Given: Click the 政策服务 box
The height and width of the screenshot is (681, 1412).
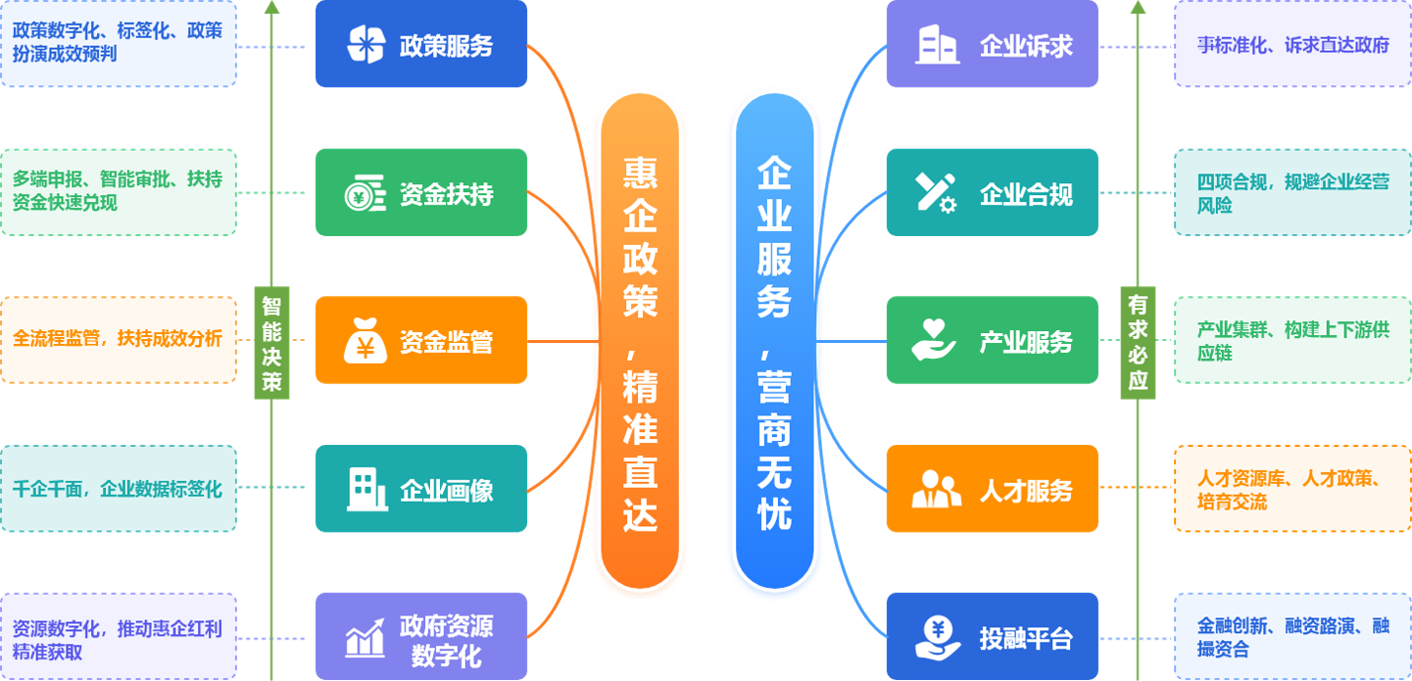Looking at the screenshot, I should pyautogui.click(x=421, y=44).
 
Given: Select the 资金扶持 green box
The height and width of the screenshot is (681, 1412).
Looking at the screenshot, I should pyautogui.click(x=421, y=193).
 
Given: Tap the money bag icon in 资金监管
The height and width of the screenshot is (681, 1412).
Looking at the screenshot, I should pyautogui.click(x=365, y=342).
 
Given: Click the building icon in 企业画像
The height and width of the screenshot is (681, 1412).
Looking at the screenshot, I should pyautogui.click(x=366, y=489).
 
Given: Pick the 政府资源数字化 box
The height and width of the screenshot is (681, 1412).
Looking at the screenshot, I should pyautogui.click(x=421, y=638).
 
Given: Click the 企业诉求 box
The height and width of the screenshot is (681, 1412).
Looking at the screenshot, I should pyautogui.click(x=992, y=44).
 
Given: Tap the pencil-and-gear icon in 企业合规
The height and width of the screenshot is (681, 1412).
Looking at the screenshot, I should pyautogui.click(x=936, y=193).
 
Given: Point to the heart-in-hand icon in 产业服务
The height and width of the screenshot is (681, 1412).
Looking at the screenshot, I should pyautogui.click(x=934, y=339).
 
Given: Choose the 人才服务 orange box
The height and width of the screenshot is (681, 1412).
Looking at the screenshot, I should pyautogui.click(x=992, y=489).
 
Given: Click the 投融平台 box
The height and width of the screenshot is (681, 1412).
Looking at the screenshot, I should pyautogui.click(x=992, y=638).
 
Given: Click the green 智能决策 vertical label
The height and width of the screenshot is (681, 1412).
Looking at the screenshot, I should pyautogui.click(x=271, y=342).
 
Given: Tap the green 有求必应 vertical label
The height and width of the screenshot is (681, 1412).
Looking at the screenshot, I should pyautogui.click(x=1138, y=342).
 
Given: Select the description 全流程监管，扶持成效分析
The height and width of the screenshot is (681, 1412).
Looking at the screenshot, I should pyautogui.click(x=118, y=339).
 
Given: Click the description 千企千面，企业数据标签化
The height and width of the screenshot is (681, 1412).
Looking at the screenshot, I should pyautogui.click(x=118, y=489).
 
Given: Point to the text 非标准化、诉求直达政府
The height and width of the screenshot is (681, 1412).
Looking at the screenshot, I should pyautogui.click(x=1292, y=44).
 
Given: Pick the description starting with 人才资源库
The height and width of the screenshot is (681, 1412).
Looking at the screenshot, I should pyautogui.click(x=1292, y=489).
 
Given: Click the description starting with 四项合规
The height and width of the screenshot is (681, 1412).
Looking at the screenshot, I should pyautogui.click(x=1292, y=193).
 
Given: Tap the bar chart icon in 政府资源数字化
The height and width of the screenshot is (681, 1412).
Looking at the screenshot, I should pyautogui.click(x=365, y=639).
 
